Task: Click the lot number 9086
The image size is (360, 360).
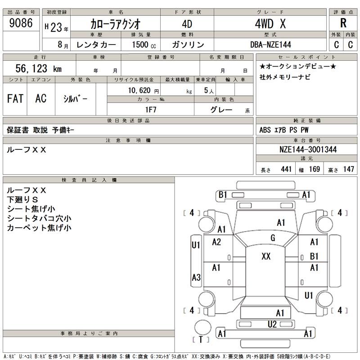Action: [x=21, y=23]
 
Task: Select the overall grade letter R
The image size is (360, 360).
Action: [x=343, y=23]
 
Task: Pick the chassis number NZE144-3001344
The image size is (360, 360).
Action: [x=306, y=149]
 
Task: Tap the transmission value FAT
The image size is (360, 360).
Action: [x=15, y=99]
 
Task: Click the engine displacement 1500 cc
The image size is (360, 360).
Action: [x=144, y=45]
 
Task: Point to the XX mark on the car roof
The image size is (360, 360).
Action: [x=266, y=256]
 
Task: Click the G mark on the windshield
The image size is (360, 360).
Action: [x=273, y=238]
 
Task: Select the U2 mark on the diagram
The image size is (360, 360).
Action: [x=272, y=324]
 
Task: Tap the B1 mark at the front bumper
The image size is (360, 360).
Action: [x=223, y=195]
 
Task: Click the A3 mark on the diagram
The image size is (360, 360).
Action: [x=196, y=278]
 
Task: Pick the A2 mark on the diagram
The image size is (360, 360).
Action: [x=216, y=242]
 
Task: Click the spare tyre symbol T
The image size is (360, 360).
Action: [x=201, y=339]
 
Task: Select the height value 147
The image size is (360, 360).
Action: [x=348, y=169]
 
